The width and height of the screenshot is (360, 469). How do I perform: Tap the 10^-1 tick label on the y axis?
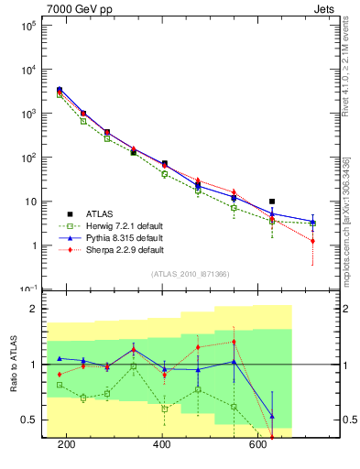click(x=28, y=289)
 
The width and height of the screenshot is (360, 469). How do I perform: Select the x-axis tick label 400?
click(x=162, y=444)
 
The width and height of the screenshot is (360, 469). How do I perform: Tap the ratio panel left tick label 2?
click(x=33, y=309)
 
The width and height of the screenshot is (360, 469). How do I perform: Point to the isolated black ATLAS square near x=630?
click(x=272, y=202)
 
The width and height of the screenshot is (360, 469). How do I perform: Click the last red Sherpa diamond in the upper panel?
click(x=313, y=241)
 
